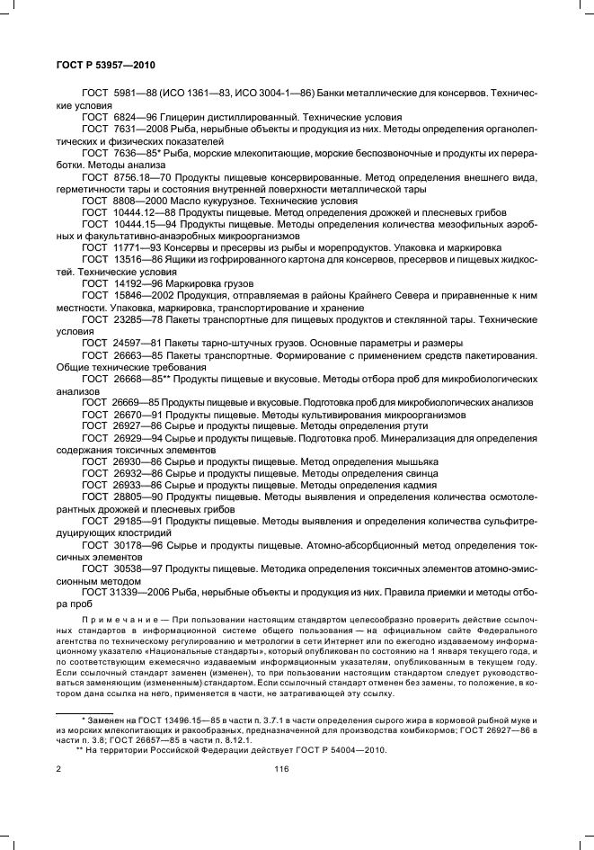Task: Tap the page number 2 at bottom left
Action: [58, 769]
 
